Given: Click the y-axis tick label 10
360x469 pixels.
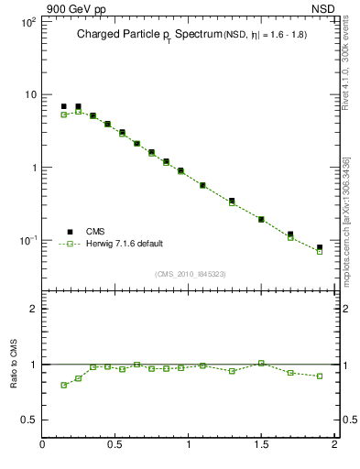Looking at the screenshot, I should click(x=28, y=94).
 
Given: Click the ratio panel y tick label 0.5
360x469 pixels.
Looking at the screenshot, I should click(x=28, y=420).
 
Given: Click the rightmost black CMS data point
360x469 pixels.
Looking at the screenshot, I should click(x=320, y=247).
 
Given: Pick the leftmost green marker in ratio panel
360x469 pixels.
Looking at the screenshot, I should click(x=64, y=385).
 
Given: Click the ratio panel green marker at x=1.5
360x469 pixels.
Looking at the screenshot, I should click(x=261, y=363).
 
